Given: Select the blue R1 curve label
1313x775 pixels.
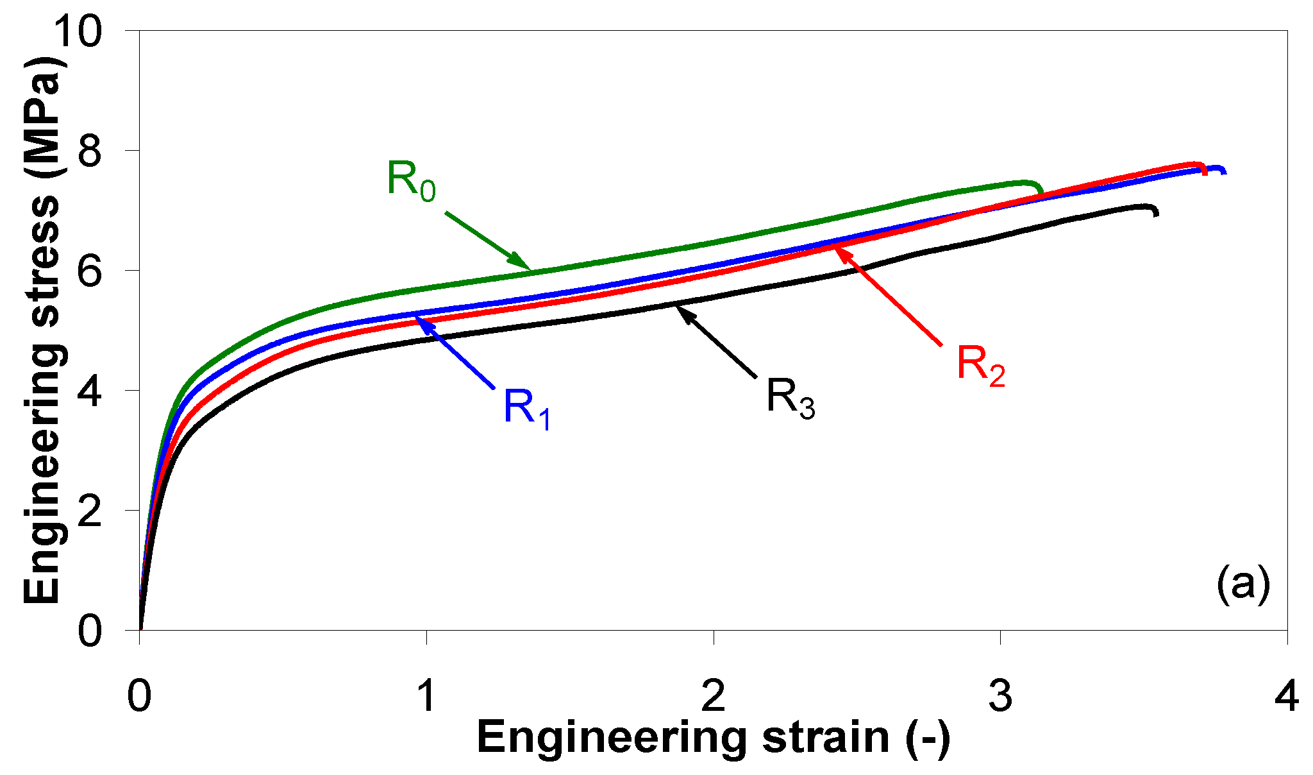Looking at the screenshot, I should click(526, 409).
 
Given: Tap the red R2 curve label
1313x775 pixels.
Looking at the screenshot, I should click(980, 365).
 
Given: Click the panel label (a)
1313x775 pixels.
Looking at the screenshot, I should click(1242, 584).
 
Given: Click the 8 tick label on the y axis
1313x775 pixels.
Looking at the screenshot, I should click(89, 151).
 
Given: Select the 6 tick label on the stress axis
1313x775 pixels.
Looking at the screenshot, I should click(89, 271).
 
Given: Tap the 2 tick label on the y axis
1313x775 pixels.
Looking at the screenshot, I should click(89, 511).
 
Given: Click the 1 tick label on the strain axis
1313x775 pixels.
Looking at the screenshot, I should click(426, 696).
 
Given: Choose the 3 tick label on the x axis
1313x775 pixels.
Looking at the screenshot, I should click(1000, 696).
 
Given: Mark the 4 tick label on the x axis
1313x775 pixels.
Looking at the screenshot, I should click(1286, 696).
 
